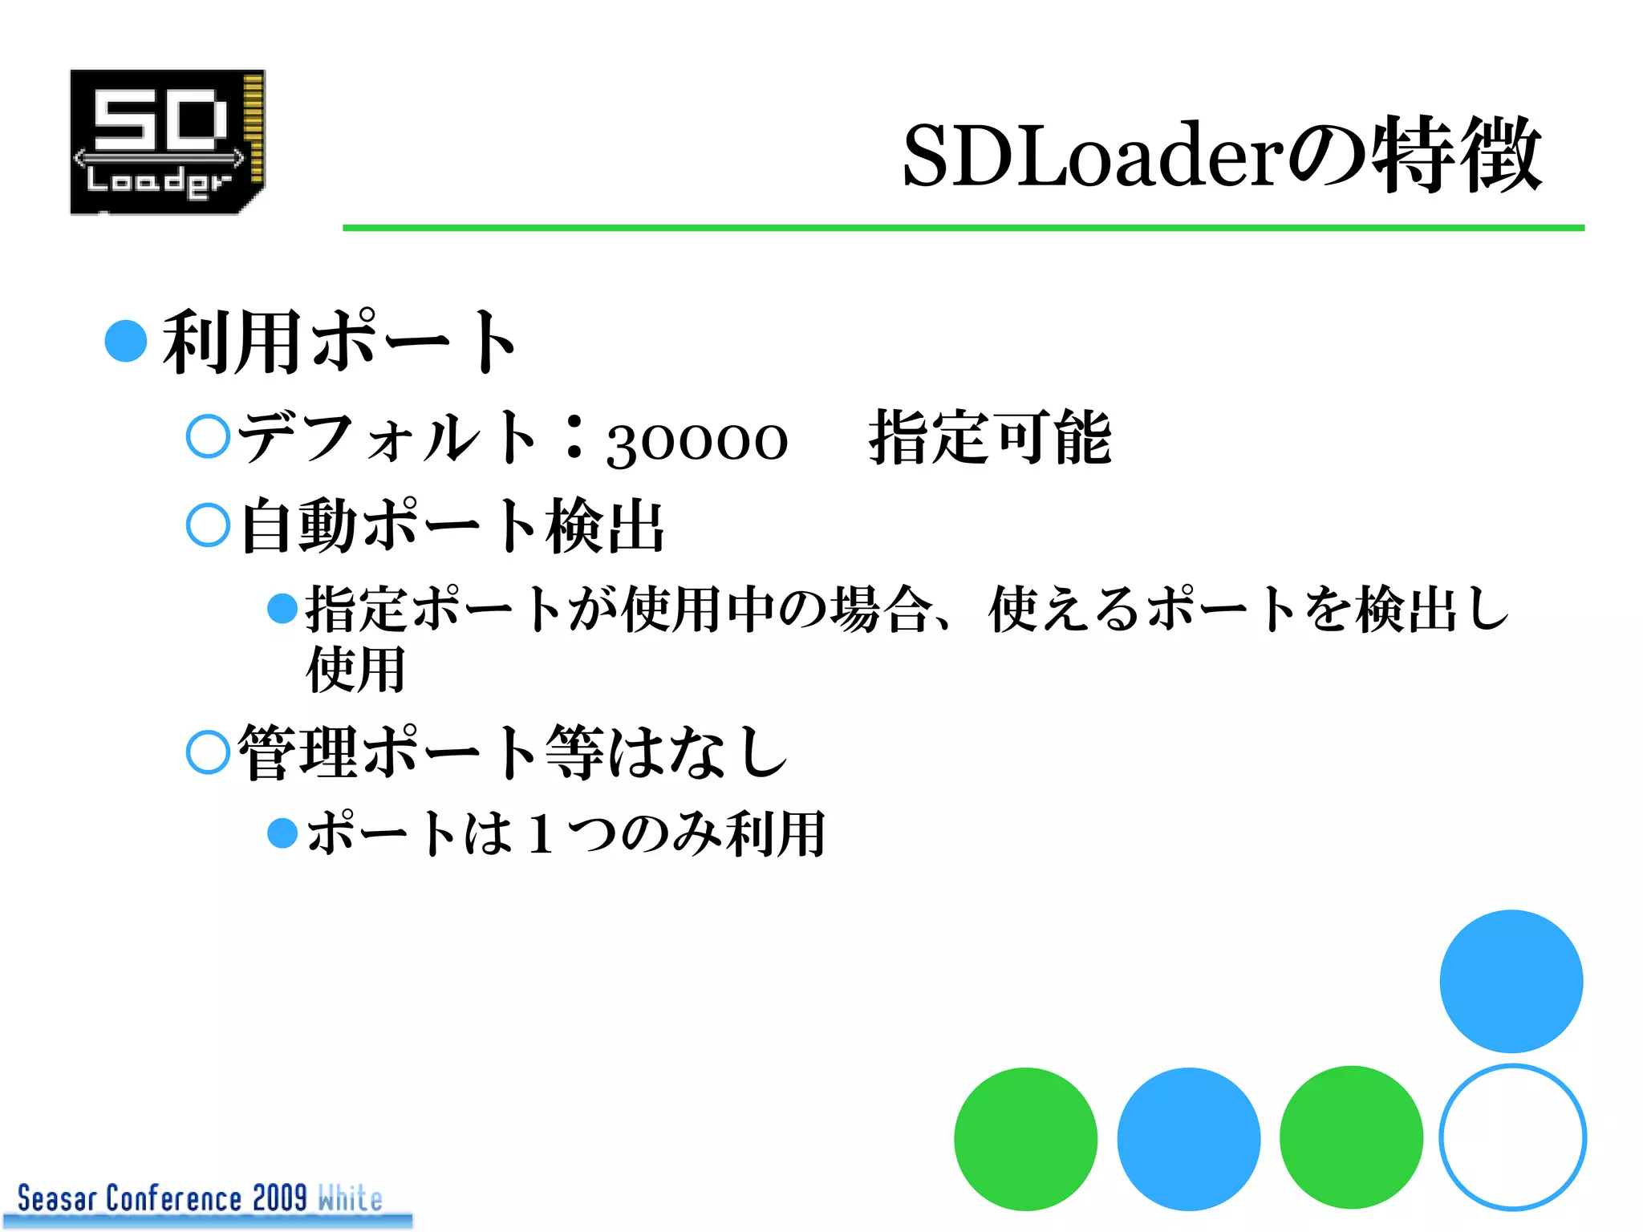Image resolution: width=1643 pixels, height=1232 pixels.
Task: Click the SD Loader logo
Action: click(x=167, y=142)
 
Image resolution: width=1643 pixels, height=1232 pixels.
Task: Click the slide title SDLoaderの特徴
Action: click(x=1221, y=155)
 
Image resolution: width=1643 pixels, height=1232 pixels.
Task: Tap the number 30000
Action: click(x=697, y=441)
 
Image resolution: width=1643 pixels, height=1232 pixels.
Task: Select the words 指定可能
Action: click(x=990, y=438)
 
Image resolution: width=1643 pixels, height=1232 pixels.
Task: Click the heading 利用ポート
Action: click(x=340, y=342)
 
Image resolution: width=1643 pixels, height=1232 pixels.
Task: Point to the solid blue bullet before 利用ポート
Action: click(x=126, y=341)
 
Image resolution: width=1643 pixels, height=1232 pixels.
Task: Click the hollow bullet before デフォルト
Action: click(x=209, y=436)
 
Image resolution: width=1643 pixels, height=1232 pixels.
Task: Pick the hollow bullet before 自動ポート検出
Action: click(x=209, y=525)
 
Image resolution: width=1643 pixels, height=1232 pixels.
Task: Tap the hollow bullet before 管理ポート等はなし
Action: click(x=209, y=752)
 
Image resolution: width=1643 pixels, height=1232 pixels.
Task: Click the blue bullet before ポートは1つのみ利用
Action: click(x=282, y=833)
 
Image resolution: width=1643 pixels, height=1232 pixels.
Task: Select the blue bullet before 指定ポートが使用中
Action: click(x=282, y=608)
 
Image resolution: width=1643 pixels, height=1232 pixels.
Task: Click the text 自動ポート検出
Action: click(x=452, y=526)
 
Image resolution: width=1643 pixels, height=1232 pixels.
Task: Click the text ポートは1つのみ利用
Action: click(x=566, y=833)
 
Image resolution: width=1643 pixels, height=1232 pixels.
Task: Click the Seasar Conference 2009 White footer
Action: click(x=201, y=1199)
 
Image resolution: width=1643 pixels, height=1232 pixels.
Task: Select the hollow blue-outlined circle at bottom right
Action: click(x=1512, y=1137)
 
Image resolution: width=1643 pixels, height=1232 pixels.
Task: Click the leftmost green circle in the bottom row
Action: click(x=1025, y=1138)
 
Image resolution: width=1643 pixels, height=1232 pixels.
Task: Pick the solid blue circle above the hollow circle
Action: click(x=1511, y=981)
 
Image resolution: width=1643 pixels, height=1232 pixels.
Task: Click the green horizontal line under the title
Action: click(x=963, y=228)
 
